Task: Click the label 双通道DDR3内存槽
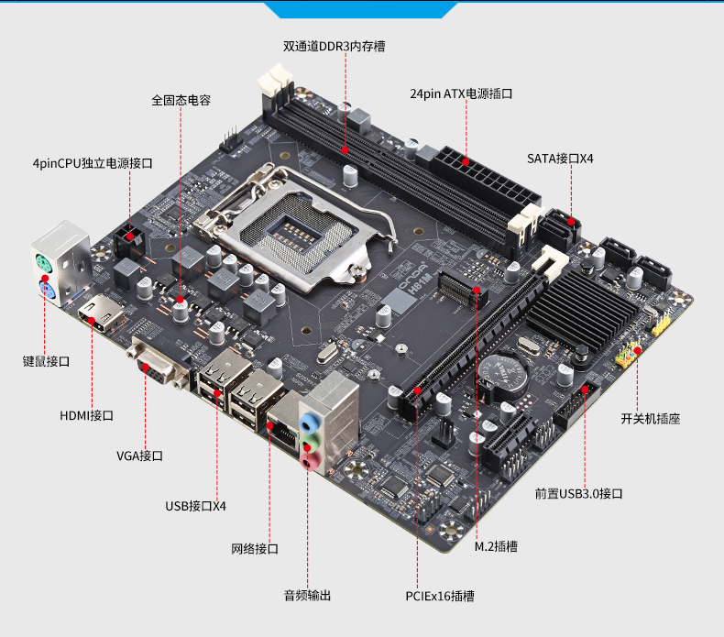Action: click(x=334, y=46)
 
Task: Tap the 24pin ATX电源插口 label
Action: click(x=461, y=93)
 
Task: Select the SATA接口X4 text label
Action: click(x=560, y=159)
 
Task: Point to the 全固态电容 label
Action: click(x=181, y=100)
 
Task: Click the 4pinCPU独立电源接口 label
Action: click(x=93, y=163)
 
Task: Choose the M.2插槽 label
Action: click(x=496, y=546)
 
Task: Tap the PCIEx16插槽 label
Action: click(x=440, y=596)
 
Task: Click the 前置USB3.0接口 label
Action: click(x=578, y=494)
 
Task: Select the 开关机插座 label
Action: click(x=650, y=419)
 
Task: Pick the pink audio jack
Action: click(x=311, y=460)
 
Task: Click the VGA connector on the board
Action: click(x=157, y=365)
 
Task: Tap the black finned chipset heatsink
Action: click(x=583, y=310)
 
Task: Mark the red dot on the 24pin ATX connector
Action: click(x=466, y=162)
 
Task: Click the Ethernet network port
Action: click(x=283, y=427)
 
